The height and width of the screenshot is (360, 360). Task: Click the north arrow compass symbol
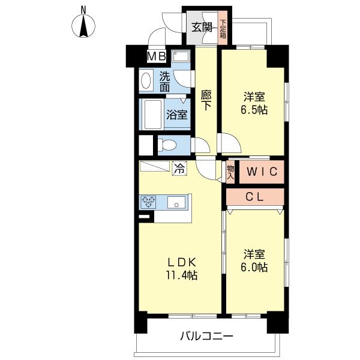point(84,25)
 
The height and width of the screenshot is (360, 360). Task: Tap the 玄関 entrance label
point(202,26)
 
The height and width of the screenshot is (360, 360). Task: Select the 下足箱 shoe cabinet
point(223,28)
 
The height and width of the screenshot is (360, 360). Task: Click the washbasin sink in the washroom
point(146,81)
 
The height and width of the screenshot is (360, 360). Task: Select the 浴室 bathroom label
point(177,114)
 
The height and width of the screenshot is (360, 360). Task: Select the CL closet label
point(255,197)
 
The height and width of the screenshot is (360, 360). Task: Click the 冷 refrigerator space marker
point(179,169)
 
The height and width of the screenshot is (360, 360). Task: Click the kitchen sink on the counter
point(177,202)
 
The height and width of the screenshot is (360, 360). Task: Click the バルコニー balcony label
point(206,337)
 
